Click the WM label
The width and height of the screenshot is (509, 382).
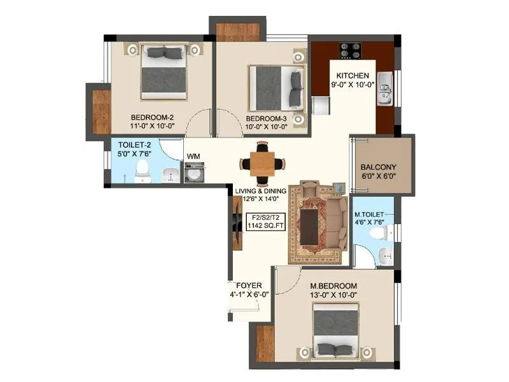click(192, 155)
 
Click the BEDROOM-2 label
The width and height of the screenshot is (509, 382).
click(153, 117)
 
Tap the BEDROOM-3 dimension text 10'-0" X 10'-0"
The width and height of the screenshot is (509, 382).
click(267, 127)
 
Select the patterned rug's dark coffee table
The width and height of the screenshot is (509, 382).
click(310, 227)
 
